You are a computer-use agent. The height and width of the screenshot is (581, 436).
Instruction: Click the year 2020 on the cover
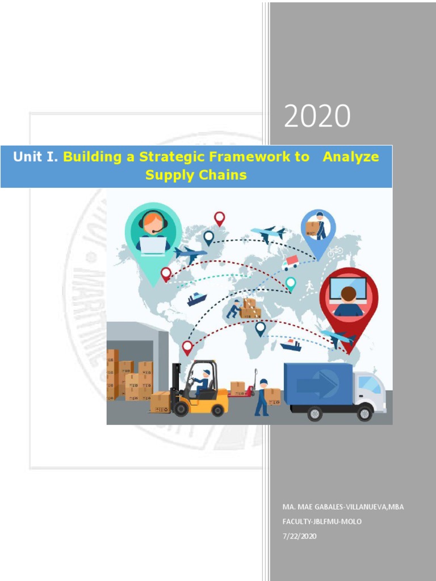tap(317, 117)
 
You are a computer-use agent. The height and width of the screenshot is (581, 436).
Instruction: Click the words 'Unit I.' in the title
tap(36, 157)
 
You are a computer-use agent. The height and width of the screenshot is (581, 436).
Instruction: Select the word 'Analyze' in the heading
tap(350, 157)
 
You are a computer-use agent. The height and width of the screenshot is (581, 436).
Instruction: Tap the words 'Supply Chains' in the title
tap(196, 175)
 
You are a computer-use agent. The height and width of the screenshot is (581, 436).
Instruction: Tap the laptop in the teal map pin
tap(153, 245)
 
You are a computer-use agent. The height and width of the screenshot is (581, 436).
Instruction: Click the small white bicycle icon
tap(335, 251)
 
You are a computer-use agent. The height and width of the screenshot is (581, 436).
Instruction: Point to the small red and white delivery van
tap(290, 262)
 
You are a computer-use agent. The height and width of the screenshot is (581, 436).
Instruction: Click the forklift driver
tap(203, 382)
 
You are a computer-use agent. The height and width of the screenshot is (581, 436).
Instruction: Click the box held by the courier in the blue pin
tap(312, 228)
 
